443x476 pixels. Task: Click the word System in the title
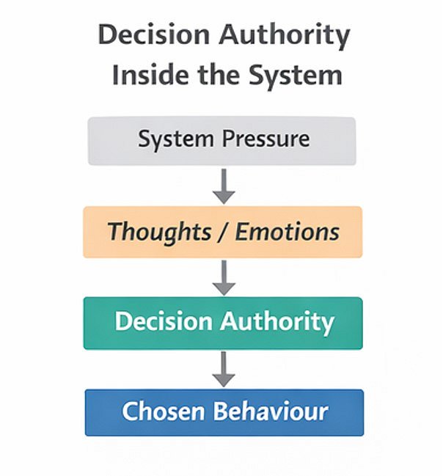[296, 75]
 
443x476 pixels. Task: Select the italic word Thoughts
[159, 232]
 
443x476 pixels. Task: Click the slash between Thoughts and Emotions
[223, 232]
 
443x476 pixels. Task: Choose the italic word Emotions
[287, 232]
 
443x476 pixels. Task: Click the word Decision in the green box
[161, 322]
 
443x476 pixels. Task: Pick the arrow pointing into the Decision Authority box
[224, 277]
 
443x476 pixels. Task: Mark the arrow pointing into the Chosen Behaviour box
[224, 368]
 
